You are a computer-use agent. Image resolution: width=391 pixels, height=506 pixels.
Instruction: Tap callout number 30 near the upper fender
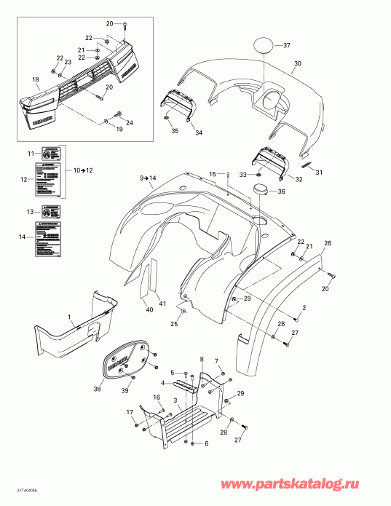(x=296, y=64)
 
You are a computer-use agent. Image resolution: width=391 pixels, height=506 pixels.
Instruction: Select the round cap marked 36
(x=261, y=191)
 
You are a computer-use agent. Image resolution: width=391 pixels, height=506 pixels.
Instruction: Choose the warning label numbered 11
(x=52, y=154)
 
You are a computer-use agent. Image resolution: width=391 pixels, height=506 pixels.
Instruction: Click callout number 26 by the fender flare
(x=328, y=243)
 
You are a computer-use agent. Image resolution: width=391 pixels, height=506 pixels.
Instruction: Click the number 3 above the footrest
(x=175, y=400)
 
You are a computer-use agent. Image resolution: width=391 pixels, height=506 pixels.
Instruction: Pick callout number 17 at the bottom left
(x=130, y=413)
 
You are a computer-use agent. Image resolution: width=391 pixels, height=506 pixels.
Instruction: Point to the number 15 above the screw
(x=213, y=173)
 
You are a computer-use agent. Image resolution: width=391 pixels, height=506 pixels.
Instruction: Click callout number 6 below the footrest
(x=208, y=444)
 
